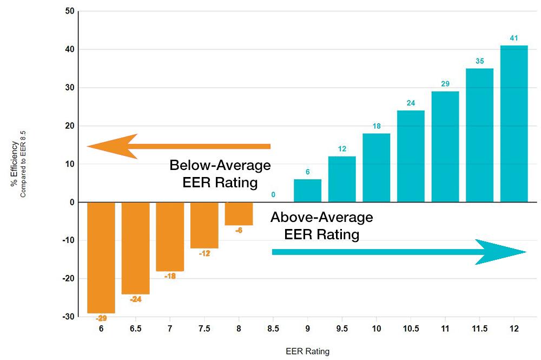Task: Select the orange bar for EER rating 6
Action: point(101,257)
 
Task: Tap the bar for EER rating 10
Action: point(376,167)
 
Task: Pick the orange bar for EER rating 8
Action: point(239,213)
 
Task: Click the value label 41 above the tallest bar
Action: point(514,38)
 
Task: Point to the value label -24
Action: point(135,299)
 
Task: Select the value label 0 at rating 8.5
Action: point(273,195)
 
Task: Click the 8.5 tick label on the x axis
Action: point(273,328)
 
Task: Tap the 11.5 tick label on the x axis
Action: point(479,328)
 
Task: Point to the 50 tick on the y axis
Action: point(70,11)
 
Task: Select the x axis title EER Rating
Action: point(307,351)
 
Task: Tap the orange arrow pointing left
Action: point(179,146)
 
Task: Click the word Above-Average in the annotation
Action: point(322,218)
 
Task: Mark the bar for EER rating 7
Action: point(170,236)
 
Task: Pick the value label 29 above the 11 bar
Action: point(445,84)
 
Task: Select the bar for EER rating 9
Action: point(307,191)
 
